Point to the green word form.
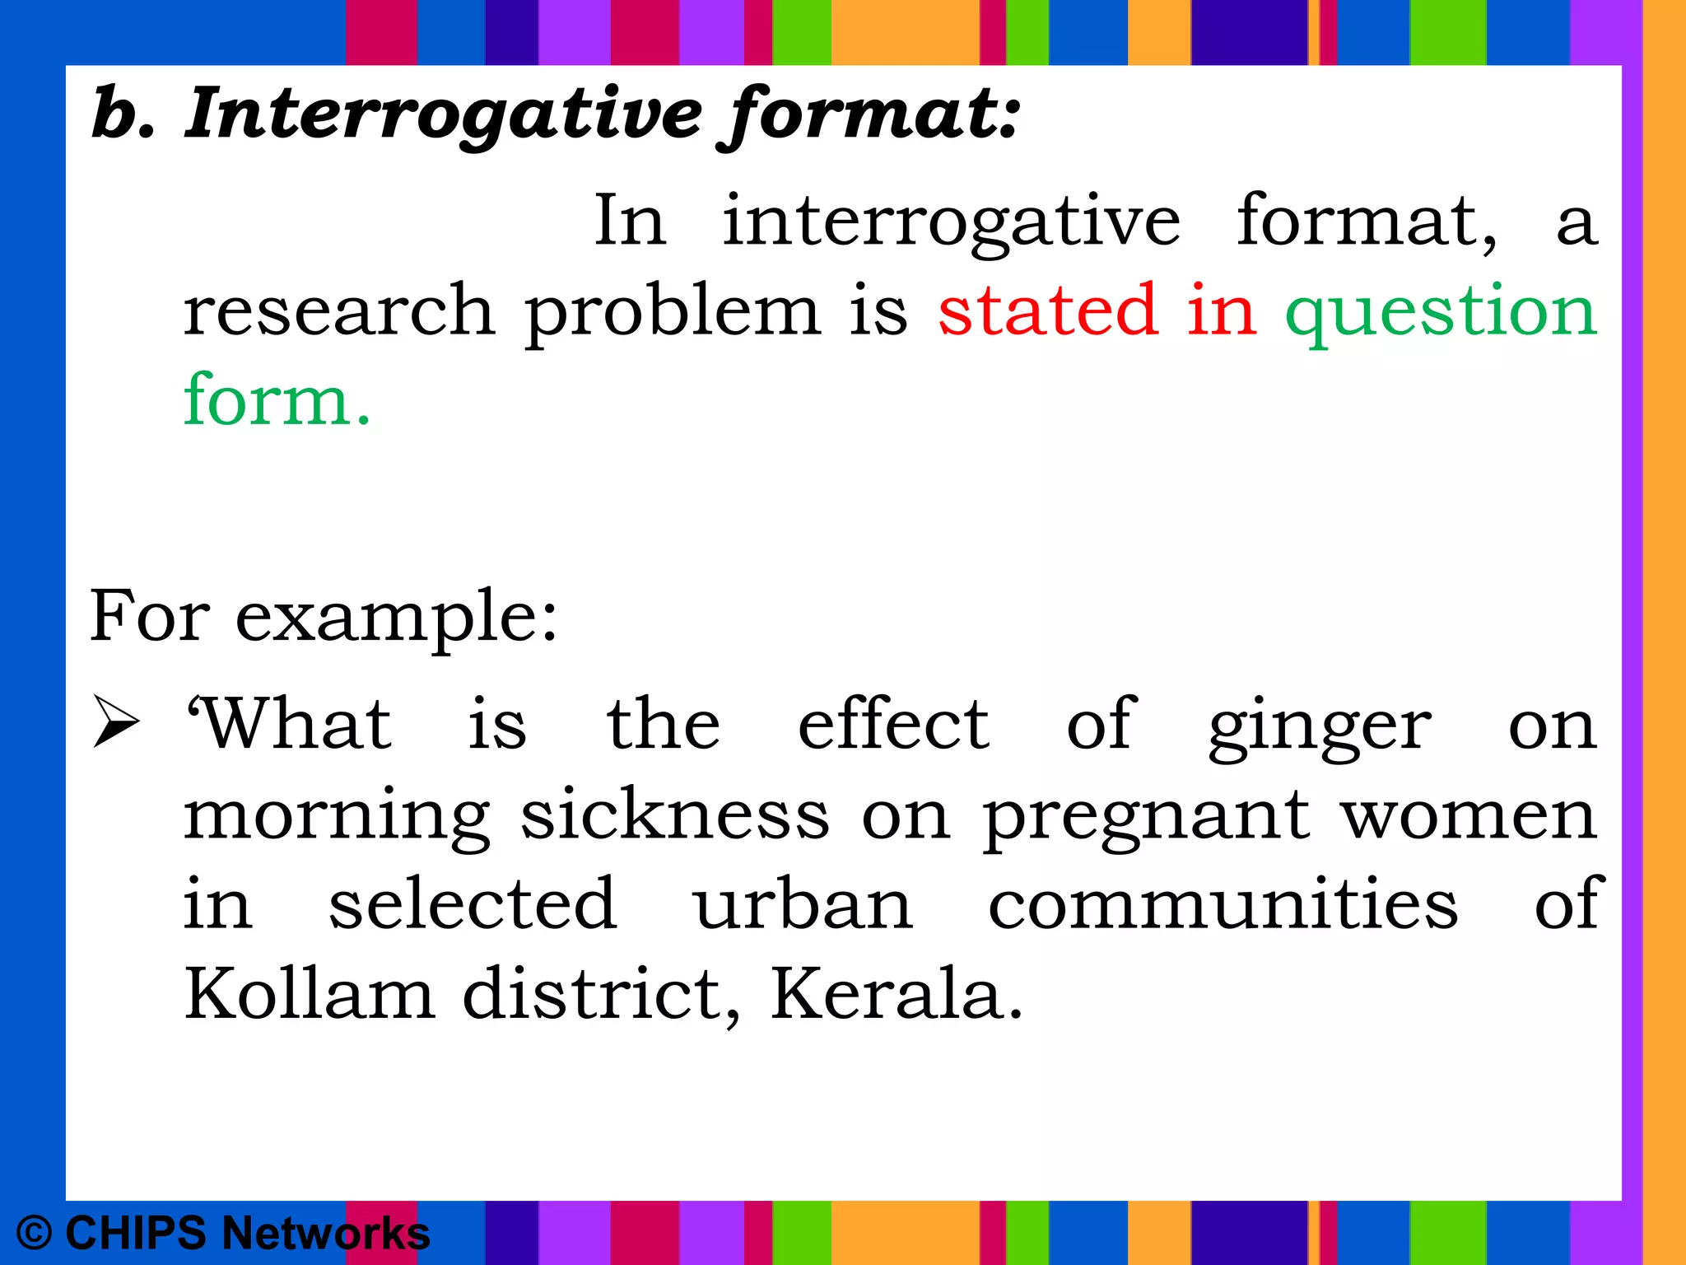[277, 399]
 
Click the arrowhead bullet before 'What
[115, 721]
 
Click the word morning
[337, 817]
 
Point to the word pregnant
[1145, 817]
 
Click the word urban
[803, 904]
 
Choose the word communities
[1223, 904]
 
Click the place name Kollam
[309, 993]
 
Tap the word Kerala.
[897, 993]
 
